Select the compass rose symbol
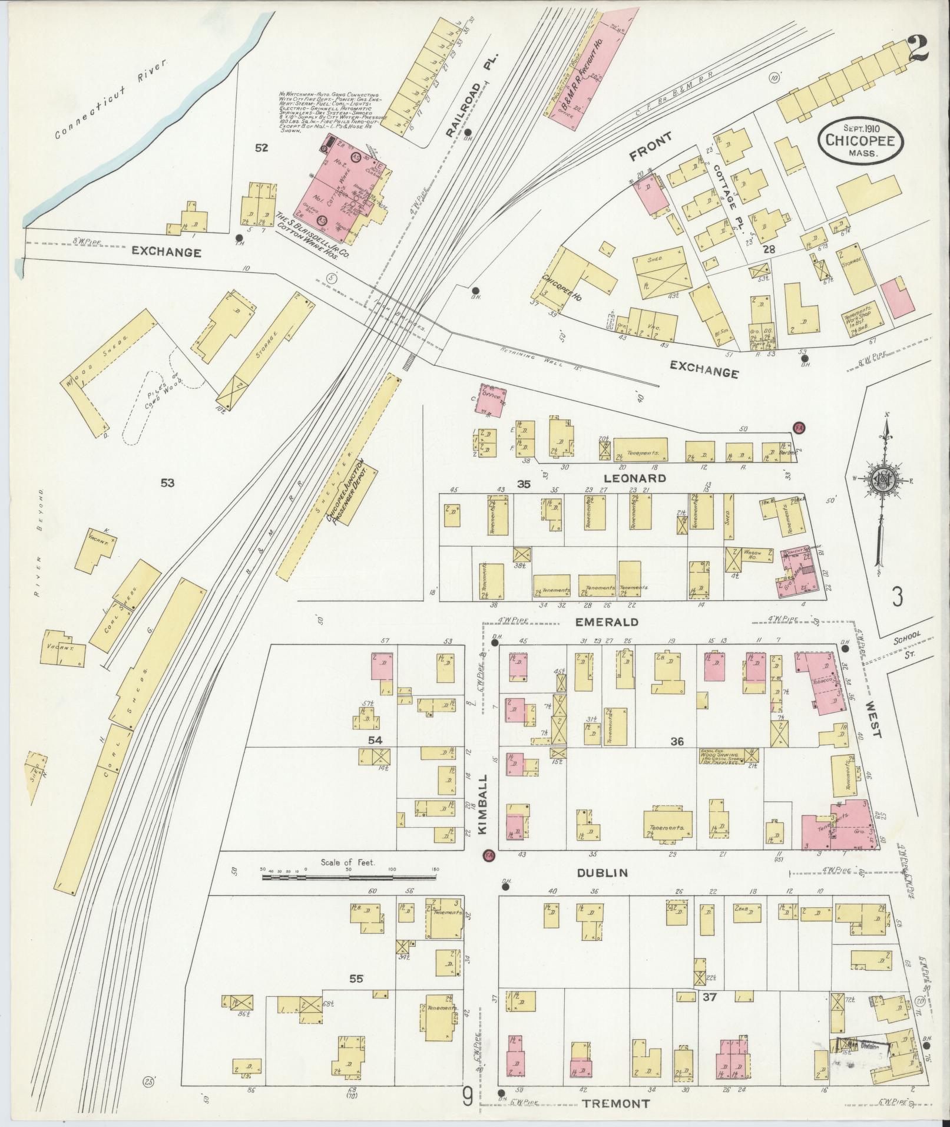pyautogui.click(x=882, y=480)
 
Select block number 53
pyautogui.click(x=167, y=483)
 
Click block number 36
pyautogui.click(x=677, y=741)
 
